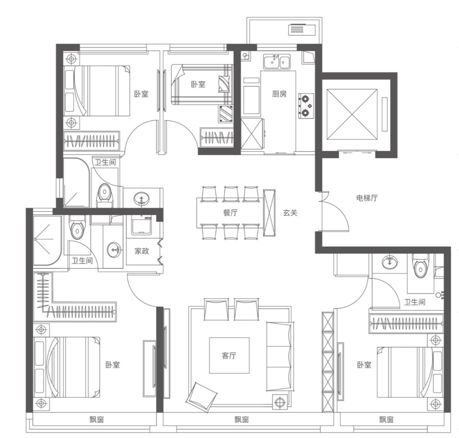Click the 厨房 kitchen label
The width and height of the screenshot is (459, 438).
[x=279, y=94]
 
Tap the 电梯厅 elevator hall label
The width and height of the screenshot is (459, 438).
[x=367, y=198]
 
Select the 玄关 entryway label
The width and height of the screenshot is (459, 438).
[x=290, y=213]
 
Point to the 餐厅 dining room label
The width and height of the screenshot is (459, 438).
[x=230, y=213]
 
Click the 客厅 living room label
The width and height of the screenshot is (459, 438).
[x=229, y=356]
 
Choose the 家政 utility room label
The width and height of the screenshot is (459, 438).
[x=142, y=251]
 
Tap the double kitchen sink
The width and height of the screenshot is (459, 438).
[x=277, y=62]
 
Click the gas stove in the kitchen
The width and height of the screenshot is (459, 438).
[x=306, y=106]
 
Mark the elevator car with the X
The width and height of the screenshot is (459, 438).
[x=352, y=114]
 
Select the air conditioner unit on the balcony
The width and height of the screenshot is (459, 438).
[x=302, y=29]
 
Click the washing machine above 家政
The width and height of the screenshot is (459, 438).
[x=141, y=225]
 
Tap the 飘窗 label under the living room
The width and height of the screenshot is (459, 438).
[x=242, y=420]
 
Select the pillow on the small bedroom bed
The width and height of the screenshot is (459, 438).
[x=224, y=84]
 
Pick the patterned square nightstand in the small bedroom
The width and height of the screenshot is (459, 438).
[x=226, y=114]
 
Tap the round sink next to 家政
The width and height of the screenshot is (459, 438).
[x=114, y=250]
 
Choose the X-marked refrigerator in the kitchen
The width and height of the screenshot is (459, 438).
[x=252, y=134]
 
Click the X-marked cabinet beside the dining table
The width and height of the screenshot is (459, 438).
[x=269, y=213]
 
